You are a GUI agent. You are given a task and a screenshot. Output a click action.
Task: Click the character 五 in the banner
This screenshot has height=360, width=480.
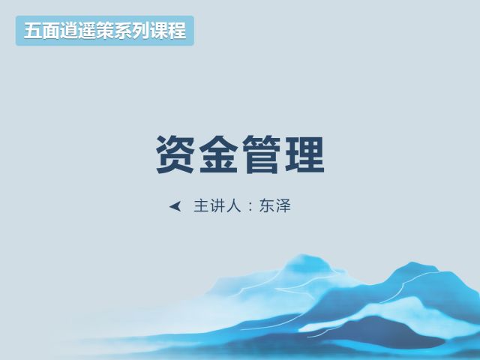(x=33, y=31)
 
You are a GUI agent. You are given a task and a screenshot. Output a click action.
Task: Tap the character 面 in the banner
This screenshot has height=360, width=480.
(x=51, y=31)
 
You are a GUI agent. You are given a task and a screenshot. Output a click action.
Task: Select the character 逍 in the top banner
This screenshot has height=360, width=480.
(x=69, y=31)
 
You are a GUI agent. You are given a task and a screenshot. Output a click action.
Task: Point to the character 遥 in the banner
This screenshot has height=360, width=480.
(x=87, y=31)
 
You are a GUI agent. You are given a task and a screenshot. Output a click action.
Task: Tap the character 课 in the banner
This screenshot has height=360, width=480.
(x=159, y=31)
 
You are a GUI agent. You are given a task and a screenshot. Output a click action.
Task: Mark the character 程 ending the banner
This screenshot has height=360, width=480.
(x=177, y=31)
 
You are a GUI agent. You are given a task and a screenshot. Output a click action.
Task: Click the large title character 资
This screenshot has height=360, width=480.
(x=175, y=154)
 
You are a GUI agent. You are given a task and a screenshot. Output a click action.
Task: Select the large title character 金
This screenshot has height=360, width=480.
(x=218, y=154)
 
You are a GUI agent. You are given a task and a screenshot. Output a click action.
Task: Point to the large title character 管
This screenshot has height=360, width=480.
(x=262, y=154)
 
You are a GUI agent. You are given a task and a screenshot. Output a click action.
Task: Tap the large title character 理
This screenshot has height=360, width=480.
(x=304, y=154)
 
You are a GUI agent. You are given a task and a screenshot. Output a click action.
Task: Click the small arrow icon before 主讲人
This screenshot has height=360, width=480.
(x=175, y=206)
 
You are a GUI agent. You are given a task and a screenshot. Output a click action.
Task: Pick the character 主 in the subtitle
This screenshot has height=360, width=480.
(x=202, y=205)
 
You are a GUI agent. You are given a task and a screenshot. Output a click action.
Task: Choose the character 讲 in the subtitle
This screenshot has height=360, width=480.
(x=217, y=205)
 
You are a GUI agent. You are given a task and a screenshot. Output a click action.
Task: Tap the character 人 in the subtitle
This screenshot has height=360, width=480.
(x=234, y=205)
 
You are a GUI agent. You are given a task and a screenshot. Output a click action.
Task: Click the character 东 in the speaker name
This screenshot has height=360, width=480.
(x=267, y=205)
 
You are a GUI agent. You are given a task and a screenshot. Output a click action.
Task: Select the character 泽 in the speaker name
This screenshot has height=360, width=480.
(x=283, y=205)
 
